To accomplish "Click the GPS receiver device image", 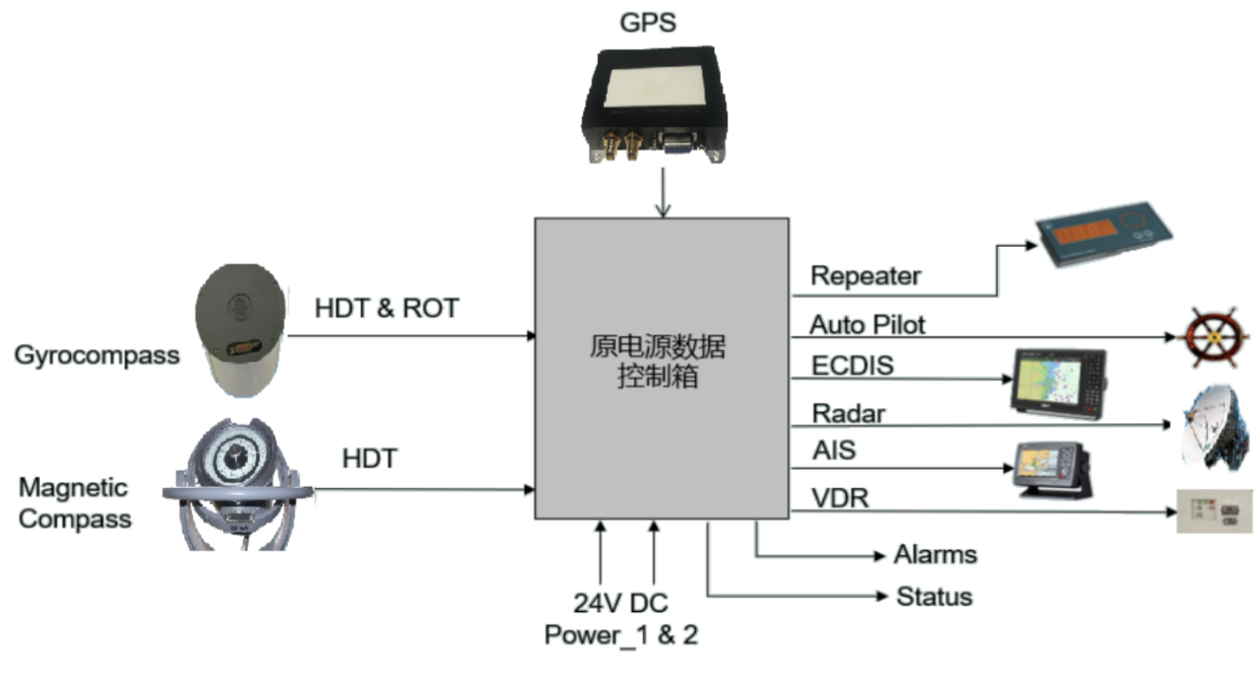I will click(654, 103).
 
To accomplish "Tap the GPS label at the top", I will click(649, 20).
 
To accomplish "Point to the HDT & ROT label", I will click(386, 308).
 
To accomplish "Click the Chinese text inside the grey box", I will click(657, 361).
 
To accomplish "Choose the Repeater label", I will click(866, 276).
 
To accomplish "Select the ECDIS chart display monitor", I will click(1058, 382).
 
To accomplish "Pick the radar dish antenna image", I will click(1218, 426).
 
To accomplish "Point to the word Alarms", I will click(935, 554).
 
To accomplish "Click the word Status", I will click(934, 596).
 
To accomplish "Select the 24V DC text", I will click(620, 602).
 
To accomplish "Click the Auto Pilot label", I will click(868, 325).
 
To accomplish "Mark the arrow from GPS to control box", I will click(662, 195).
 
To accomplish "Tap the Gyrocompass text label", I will click(97, 356).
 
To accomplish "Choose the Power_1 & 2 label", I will click(621, 634).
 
